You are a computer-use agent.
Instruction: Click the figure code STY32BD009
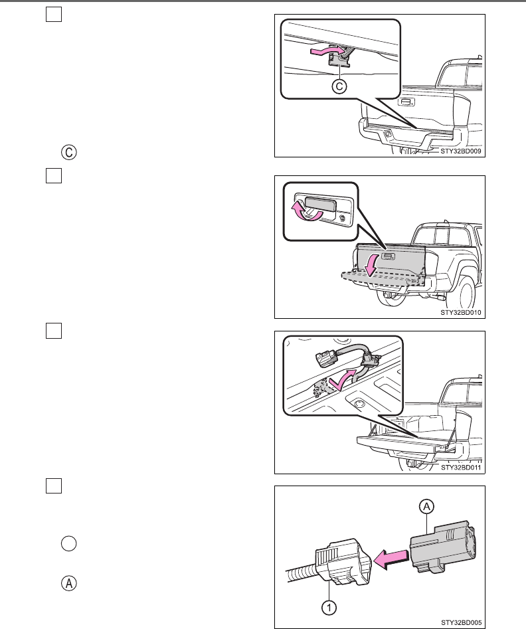click(461, 151)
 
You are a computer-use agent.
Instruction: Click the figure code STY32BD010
click(461, 312)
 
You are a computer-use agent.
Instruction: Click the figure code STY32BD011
click(461, 468)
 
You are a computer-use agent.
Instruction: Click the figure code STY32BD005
click(461, 622)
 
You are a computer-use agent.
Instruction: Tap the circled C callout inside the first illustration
click(339, 88)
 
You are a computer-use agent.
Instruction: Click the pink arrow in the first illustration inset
click(326, 50)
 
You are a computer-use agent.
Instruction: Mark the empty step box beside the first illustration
click(53, 15)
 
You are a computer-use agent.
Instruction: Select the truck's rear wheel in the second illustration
click(464, 292)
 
